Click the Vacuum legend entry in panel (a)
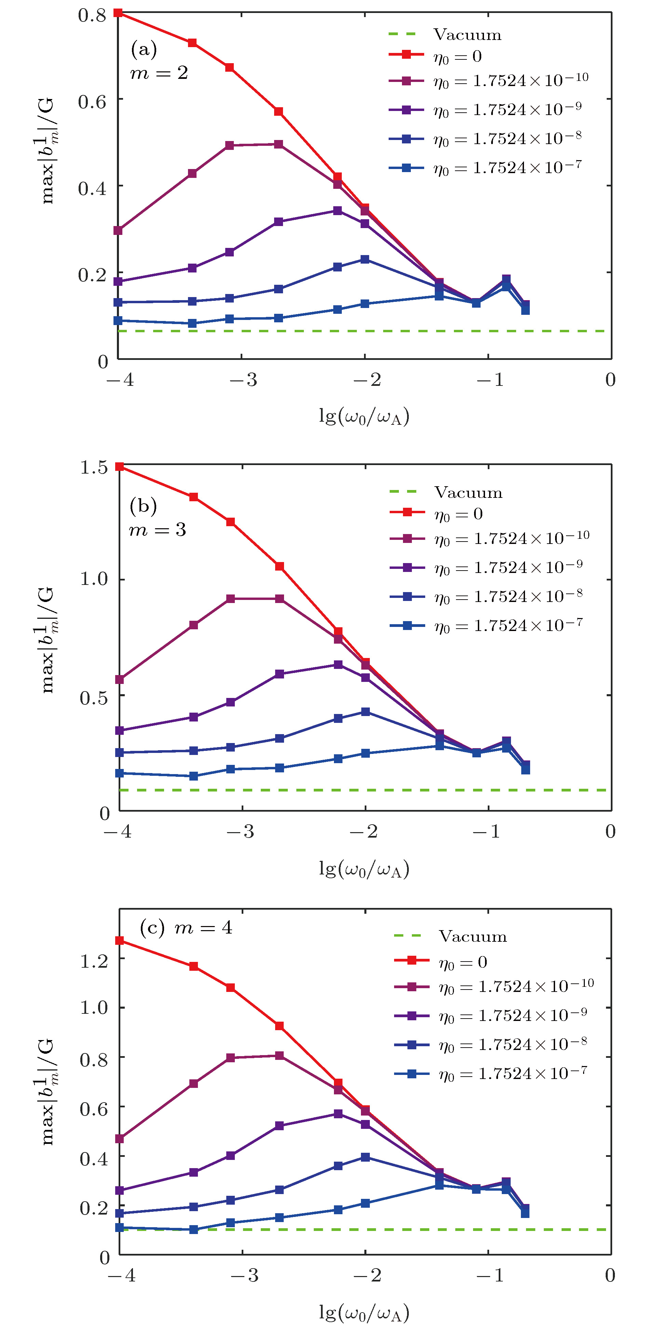467,34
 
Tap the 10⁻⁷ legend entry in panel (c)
513,1074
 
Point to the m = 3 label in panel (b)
157,530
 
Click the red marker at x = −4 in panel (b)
120,466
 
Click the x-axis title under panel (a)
364,416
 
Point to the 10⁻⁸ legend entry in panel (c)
513,1045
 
